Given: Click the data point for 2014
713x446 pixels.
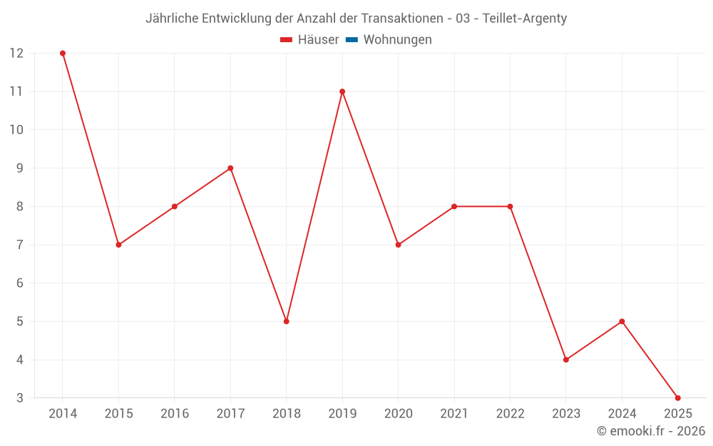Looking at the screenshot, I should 63,54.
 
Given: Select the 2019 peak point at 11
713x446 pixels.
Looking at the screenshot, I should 342,91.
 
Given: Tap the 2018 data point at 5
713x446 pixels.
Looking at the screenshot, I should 286,321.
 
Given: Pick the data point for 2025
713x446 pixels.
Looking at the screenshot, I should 677,397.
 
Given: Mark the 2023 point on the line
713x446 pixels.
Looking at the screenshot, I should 566,360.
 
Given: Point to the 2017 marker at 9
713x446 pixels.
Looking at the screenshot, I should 230,168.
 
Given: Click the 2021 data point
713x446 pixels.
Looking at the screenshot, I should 454,206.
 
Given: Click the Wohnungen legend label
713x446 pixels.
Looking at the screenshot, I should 397,40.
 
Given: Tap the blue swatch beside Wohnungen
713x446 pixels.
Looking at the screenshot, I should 352,40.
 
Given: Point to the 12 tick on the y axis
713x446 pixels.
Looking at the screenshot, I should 16,54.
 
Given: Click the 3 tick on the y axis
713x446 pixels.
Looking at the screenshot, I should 20,397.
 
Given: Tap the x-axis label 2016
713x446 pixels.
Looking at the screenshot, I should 175,414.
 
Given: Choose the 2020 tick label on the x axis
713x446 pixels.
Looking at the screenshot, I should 399,414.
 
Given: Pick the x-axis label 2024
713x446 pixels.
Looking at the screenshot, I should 622,414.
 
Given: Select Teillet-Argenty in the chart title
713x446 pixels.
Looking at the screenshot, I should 525,19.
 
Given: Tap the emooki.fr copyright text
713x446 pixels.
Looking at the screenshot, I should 651,431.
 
